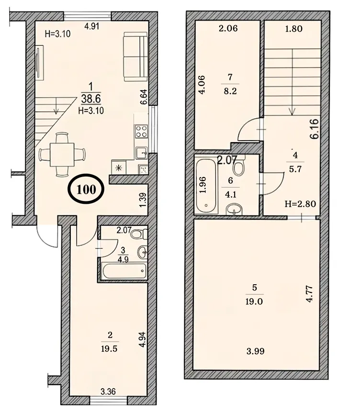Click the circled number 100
click(86, 189)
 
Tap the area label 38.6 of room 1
click(91, 99)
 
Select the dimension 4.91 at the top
click(91, 26)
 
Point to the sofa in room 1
click(135, 56)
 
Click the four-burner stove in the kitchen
click(141, 132)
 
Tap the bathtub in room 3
click(124, 271)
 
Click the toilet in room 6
click(239, 167)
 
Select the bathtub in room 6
click(206, 186)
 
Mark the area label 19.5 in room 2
click(109, 349)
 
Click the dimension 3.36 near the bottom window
click(108, 391)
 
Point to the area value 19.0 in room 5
click(254, 301)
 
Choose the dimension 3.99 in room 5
click(255, 351)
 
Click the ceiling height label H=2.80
click(300, 204)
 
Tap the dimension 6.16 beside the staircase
click(315, 129)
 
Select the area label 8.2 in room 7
click(230, 91)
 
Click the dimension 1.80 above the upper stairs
click(294, 29)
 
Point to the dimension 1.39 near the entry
click(143, 200)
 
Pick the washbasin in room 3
click(142, 252)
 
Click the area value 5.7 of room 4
click(295, 169)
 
